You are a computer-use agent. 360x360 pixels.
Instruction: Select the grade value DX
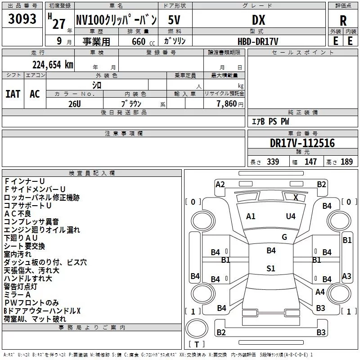pos(258,20)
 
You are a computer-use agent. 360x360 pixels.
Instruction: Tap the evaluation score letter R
pos(343,20)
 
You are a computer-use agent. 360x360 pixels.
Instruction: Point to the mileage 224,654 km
pos(53,64)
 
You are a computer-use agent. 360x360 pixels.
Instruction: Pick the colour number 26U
pos(75,103)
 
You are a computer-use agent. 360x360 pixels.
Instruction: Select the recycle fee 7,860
pos(227,103)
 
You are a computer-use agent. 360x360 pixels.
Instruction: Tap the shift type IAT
pos(13,94)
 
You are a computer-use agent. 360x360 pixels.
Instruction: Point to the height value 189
pos(346,162)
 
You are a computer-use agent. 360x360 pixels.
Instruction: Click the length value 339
pos(273,162)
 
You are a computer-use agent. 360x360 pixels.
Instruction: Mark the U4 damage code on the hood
pos(291,216)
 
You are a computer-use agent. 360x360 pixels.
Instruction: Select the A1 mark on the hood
pos(251,216)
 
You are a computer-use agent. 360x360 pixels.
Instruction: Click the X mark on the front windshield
pos(296,197)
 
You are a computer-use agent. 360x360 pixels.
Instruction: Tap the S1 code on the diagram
pos(270,269)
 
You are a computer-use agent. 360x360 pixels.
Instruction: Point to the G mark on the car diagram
pos(284,237)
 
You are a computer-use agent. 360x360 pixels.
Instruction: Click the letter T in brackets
pos(196,345)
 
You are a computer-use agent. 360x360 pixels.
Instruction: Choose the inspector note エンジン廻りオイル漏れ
pos(42,230)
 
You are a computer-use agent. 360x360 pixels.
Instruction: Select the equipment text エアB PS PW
pos(270,122)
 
